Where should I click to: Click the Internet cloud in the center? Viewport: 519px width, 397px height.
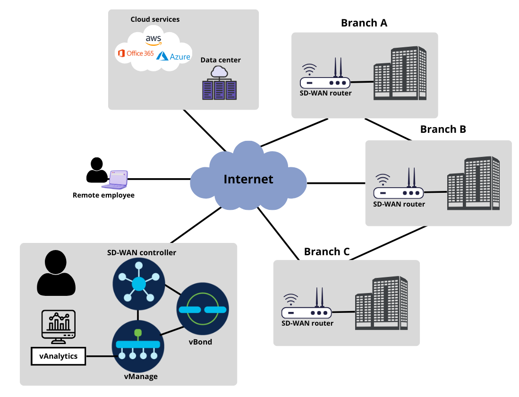(248, 179)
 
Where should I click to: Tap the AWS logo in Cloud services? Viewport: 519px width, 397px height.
(153, 40)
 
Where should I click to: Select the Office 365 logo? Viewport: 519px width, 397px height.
(136, 53)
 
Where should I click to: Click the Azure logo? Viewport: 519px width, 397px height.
(173, 56)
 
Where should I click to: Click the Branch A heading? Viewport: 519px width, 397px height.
(364, 23)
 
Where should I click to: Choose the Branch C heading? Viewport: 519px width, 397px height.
(327, 251)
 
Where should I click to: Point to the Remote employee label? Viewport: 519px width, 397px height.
(103, 195)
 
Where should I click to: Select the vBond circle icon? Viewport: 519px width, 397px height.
(203, 309)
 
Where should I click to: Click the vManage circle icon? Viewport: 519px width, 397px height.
(138, 346)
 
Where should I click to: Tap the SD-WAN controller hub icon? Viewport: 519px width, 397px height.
(138, 284)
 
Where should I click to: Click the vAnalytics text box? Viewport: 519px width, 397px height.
(59, 356)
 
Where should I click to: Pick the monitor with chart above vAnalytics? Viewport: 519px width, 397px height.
(59, 327)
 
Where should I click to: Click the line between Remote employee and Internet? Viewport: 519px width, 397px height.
(159, 179)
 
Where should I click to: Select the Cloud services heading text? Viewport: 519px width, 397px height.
(155, 19)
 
